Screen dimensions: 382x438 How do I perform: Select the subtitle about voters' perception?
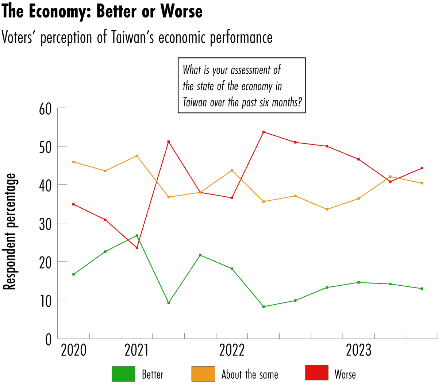click(x=137, y=38)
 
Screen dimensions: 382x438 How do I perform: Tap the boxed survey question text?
click(x=242, y=85)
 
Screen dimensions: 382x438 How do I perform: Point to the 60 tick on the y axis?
click(x=45, y=108)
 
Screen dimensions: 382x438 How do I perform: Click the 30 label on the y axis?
click(x=45, y=224)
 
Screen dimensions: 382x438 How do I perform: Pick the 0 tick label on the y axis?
click(x=48, y=339)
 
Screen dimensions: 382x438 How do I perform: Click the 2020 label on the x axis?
click(x=73, y=350)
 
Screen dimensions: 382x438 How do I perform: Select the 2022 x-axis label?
click(x=232, y=350)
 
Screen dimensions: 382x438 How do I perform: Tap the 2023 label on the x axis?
click(x=358, y=350)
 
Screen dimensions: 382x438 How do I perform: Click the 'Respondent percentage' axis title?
click(x=10, y=232)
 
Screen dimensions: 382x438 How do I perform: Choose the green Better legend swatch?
click(x=123, y=374)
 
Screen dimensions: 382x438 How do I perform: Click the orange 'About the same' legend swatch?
click(x=203, y=374)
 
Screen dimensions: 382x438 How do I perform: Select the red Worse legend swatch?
click(x=316, y=373)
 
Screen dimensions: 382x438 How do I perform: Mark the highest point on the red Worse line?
click(x=264, y=132)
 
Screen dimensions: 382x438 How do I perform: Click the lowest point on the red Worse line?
click(x=137, y=248)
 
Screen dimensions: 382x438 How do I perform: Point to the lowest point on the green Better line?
click(x=264, y=306)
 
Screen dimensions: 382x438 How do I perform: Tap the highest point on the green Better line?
click(x=137, y=236)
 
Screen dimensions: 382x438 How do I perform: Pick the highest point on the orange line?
click(x=137, y=156)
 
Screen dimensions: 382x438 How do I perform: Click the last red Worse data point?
click(x=422, y=168)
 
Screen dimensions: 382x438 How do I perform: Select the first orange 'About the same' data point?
click(x=74, y=162)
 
